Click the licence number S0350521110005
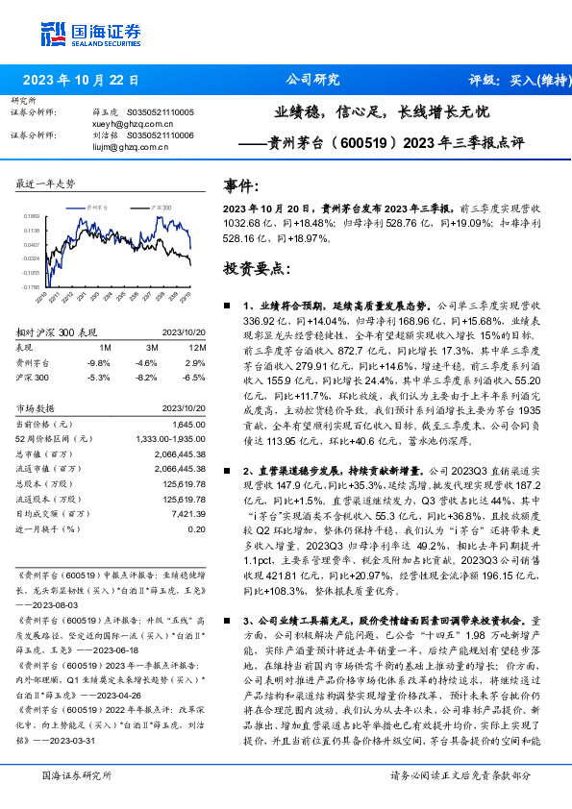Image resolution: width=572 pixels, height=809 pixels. pyautogui.click(x=161, y=112)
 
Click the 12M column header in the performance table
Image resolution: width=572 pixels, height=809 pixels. pyautogui.click(x=197, y=346)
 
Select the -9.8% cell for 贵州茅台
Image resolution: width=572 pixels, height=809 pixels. pyautogui.click(x=99, y=362)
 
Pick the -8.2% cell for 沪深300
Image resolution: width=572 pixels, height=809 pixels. pyautogui.click(x=148, y=379)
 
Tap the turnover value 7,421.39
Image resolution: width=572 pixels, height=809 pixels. pyautogui.click(x=187, y=515)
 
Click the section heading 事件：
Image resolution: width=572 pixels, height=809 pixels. pyautogui.click(x=240, y=185)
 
